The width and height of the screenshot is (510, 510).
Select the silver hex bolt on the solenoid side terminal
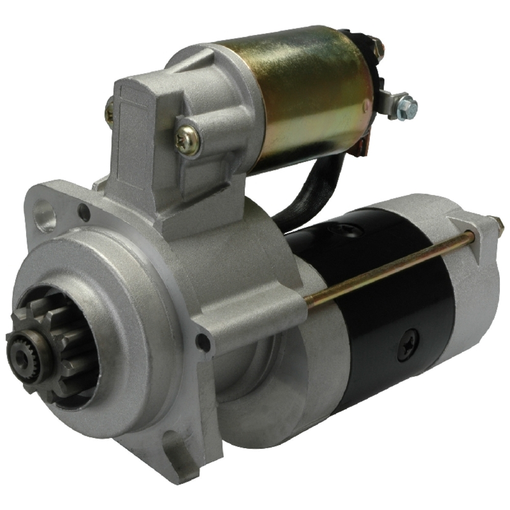pyautogui.click(x=406, y=106)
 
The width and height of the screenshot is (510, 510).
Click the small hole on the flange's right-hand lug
pyautogui.click(x=202, y=342)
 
